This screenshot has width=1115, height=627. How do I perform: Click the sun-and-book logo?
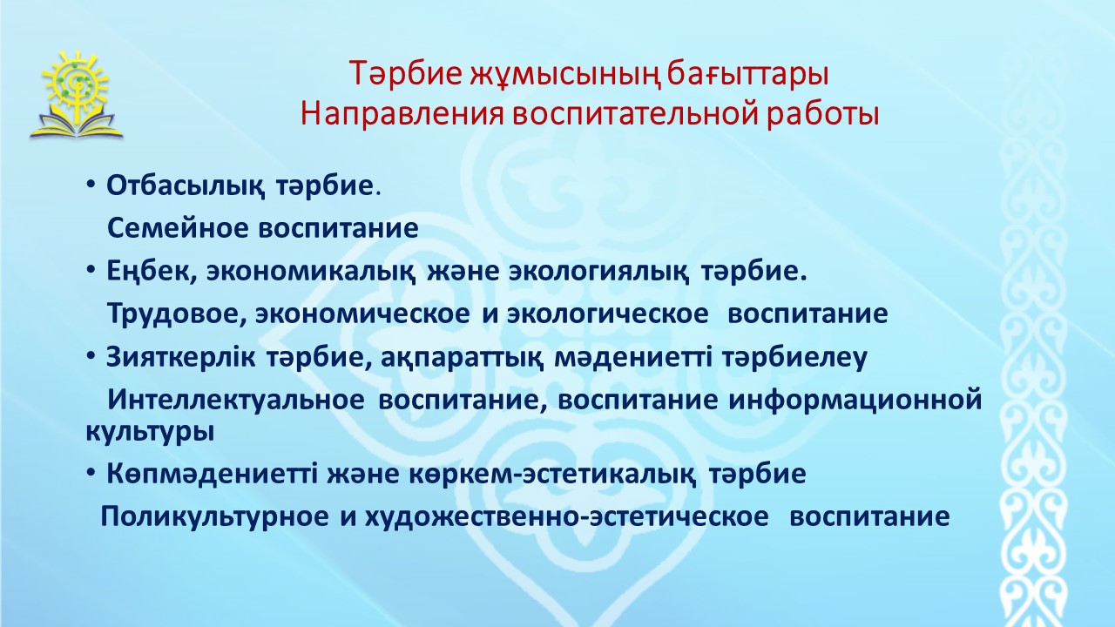pos(76,95)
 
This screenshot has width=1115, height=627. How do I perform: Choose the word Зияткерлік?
pos(181,357)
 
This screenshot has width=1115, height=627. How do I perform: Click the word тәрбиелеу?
pos(795,358)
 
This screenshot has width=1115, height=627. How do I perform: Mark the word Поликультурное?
pos(214,517)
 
